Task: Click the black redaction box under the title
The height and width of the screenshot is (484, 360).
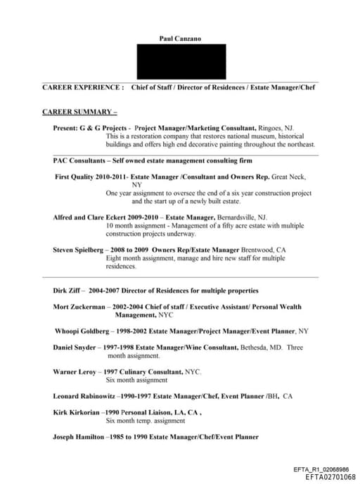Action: coord(181,62)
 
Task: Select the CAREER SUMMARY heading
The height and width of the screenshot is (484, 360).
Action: coord(79,112)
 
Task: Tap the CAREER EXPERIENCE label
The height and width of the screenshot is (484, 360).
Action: coord(83,87)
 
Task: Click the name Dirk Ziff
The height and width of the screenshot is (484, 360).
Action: coord(69,290)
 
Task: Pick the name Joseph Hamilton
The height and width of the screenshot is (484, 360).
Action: coord(79,437)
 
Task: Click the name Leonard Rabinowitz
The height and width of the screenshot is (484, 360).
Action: coord(84,396)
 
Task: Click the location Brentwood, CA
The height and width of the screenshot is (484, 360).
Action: coord(264,250)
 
